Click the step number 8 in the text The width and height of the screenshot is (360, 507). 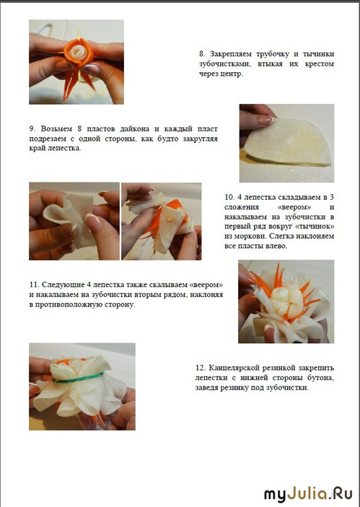point(202,53)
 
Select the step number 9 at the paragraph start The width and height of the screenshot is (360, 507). point(32,128)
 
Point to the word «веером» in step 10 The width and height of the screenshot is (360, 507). point(294,207)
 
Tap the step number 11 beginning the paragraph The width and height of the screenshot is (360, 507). point(34,285)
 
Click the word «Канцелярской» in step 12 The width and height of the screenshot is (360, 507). point(234,368)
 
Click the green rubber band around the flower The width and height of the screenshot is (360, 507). point(78,379)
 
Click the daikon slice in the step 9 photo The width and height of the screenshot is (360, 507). point(287,143)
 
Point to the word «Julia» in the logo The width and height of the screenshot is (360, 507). point(307,495)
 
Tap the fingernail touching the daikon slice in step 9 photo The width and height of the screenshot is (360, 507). point(265,120)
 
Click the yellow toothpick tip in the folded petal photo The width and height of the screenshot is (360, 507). point(169,219)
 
